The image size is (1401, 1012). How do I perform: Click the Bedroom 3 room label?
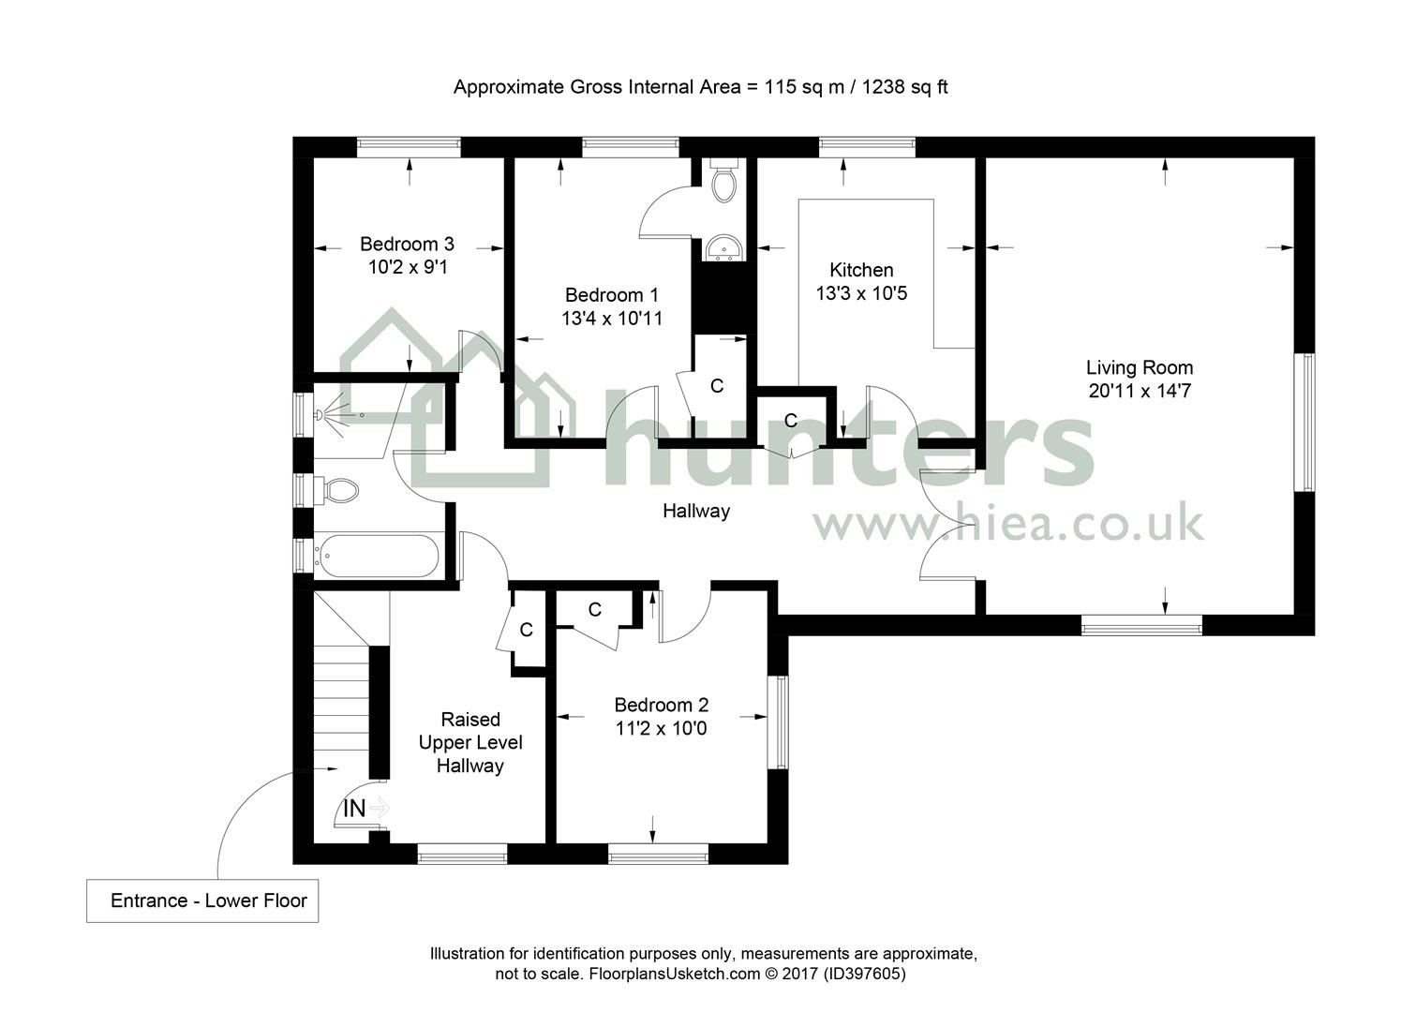coord(407,244)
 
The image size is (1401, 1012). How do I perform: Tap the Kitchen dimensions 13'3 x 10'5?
coord(861,292)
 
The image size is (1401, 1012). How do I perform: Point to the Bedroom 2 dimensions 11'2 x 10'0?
coord(661,728)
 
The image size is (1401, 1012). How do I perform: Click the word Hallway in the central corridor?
coord(696,511)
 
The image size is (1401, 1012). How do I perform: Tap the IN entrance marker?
coord(354,809)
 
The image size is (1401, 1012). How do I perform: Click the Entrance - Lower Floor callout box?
coord(202,900)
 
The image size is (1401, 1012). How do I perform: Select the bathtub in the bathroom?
coord(377,556)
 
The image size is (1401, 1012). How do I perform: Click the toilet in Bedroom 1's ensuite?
coord(724,181)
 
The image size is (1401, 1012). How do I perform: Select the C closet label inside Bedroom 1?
coord(717,386)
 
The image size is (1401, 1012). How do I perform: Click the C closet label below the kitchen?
coord(791,421)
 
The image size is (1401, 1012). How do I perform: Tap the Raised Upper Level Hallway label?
coord(470,742)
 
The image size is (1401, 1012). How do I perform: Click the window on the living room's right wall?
coord(1304,423)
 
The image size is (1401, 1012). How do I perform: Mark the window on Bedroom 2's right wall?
coord(778,722)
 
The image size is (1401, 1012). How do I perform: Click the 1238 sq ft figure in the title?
coord(905,87)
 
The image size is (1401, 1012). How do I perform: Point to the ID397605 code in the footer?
coord(864,974)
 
